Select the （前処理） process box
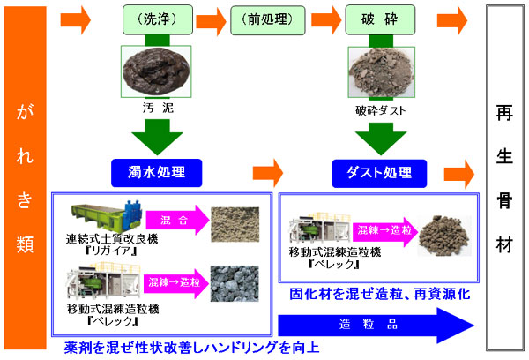point(264,19)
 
